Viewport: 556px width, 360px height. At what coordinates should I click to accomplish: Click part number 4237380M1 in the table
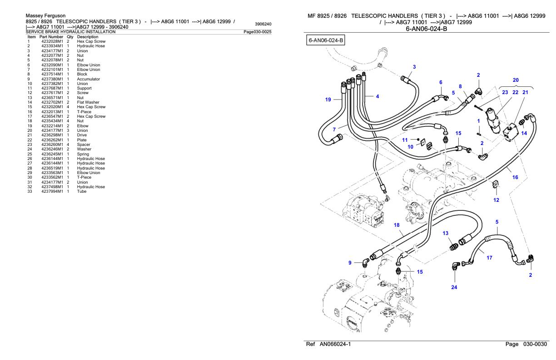click(52, 79)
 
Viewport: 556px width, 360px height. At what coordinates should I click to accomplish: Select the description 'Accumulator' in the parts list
click(89, 79)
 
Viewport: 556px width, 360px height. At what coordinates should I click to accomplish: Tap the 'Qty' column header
click(70, 37)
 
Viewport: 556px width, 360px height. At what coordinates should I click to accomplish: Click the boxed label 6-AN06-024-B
click(326, 40)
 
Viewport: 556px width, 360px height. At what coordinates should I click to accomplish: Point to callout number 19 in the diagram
click(328, 100)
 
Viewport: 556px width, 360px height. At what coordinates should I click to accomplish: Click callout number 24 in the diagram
click(454, 287)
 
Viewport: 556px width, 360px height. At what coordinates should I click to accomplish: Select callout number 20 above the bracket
click(516, 80)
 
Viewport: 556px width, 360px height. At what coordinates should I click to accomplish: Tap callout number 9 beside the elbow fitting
click(350, 263)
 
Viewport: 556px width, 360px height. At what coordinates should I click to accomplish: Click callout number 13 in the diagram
click(446, 233)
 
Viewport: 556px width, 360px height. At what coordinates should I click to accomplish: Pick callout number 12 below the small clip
click(496, 200)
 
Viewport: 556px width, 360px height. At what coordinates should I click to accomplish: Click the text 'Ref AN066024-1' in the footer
click(328, 344)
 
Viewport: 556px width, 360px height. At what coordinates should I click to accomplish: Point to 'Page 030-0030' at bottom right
click(526, 344)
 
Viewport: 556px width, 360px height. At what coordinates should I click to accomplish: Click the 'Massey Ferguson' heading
click(46, 15)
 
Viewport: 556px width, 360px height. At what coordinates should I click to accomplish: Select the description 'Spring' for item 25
click(83, 154)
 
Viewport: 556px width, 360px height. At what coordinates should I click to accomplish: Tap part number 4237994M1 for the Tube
click(52, 191)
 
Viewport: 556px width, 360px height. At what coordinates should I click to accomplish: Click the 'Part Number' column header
click(51, 37)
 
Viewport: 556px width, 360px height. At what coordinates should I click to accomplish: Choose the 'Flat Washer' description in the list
click(88, 102)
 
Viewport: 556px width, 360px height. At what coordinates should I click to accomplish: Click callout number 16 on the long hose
click(515, 177)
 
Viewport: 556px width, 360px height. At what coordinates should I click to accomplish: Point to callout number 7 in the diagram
click(334, 130)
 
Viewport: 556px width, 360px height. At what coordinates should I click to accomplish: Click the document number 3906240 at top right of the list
click(263, 24)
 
